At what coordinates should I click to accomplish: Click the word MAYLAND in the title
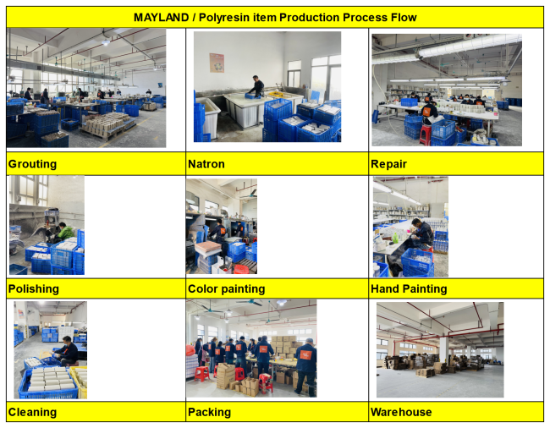[161, 17]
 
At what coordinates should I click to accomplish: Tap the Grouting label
[32, 164]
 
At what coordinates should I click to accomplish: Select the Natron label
[206, 164]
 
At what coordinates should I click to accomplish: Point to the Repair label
[388, 164]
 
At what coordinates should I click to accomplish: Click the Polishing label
[34, 288]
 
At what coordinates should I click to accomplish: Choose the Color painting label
[226, 288]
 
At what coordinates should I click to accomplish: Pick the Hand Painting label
[409, 288]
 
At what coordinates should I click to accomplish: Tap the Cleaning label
[32, 412]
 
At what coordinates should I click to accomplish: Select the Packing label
[209, 412]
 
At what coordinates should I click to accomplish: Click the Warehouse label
[401, 412]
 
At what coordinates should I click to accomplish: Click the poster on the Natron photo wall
[217, 63]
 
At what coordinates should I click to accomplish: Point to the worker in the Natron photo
[257, 86]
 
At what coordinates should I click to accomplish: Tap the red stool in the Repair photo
[425, 134]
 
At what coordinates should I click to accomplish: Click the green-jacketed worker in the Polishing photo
[64, 232]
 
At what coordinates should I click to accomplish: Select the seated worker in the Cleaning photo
[68, 351]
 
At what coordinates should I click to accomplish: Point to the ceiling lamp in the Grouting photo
[106, 42]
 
